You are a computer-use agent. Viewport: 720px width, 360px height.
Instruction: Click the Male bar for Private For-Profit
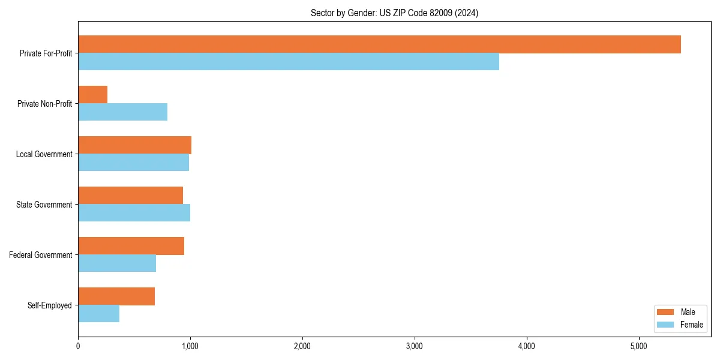(x=379, y=44)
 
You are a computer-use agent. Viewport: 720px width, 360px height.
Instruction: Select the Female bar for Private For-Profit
(x=289, y=62)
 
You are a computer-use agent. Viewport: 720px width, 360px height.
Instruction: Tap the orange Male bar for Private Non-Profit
(x=92, y=95)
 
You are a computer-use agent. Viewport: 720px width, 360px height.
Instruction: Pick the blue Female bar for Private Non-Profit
(x=122, y=112)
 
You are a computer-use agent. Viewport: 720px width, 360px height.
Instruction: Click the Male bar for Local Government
(x=134, y=145)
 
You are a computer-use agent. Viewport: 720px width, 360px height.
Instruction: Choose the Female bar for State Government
(x=134, y=213)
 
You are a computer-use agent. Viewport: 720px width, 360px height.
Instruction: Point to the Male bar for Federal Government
(x=131, y=246)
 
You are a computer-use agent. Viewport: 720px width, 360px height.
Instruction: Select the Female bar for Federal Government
(x=117, y=263)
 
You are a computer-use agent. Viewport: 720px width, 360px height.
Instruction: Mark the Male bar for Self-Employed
(x=116, y=296)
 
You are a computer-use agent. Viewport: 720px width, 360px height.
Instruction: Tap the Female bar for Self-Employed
(x=98, y=314)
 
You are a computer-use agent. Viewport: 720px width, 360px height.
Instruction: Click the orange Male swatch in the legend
(x=666, y=312)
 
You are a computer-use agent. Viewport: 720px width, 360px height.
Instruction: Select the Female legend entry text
(x=692, y=325)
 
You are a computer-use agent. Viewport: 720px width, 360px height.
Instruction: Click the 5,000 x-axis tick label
(x=638, y=346)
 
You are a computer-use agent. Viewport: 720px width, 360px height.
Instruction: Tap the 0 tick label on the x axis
(x=78, y=346)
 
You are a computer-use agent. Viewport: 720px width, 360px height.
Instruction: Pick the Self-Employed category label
(x=50, y=305)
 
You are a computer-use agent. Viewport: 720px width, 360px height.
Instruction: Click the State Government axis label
(x=44, y=205)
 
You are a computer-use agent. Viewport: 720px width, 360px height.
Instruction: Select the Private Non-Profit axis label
(x=44, y=104)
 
